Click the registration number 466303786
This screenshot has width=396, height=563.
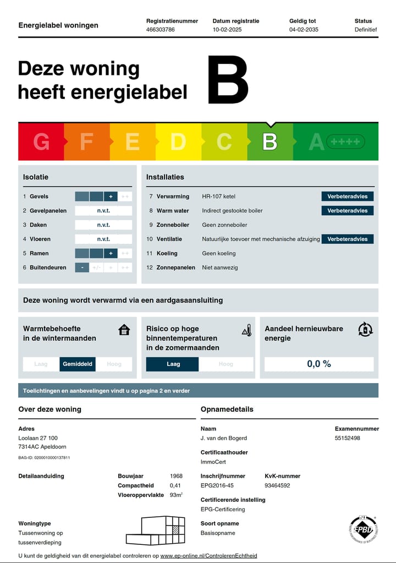(161, 30)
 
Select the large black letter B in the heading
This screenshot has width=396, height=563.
(228, 80)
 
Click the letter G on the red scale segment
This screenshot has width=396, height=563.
(41, 142)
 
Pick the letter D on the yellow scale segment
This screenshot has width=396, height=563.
(178, 142)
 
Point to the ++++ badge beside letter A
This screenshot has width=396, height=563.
(345, 142)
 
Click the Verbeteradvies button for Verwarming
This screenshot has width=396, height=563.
(348, 196)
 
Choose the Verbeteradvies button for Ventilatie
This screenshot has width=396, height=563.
(348, 239)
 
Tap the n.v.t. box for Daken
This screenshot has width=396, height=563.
(103, 225)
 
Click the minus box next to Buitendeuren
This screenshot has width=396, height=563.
(81, 268)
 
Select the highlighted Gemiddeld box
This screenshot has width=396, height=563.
(78, 364)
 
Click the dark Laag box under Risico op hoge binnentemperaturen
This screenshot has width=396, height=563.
(172, 364)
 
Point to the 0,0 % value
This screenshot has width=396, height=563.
(319, 364)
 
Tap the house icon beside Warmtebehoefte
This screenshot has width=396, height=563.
(124, 330)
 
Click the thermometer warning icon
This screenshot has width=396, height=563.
(247, 330)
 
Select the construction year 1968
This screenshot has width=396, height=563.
(177, 476)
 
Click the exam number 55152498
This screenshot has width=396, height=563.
(348, 438)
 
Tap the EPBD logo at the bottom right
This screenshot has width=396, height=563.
(363, 529)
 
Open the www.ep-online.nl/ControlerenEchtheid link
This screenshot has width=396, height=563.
(208, 556)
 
